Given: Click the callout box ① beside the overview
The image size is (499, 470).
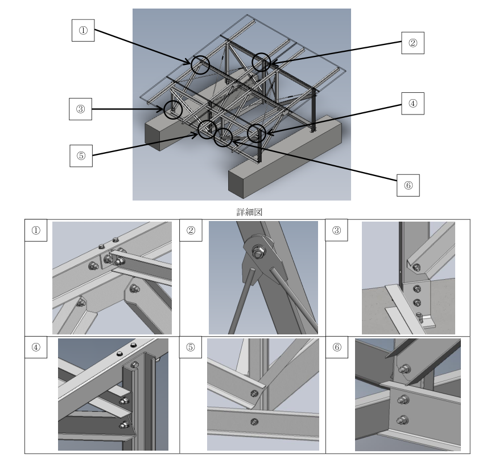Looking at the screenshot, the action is coord(83,30).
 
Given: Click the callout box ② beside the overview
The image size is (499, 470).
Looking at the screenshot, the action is coord(413,43).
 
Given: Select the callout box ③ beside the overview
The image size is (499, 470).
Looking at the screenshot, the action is coord(81,109).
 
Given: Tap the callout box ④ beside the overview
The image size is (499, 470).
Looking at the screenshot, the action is coord(413,103).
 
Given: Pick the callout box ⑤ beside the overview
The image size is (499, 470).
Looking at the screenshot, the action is coord(81,156).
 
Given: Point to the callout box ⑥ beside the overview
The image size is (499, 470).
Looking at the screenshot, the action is coord(409,185).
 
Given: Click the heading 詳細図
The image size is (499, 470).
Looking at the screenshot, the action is coord(249,212).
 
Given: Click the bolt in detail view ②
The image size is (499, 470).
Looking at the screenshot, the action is coord(257,251).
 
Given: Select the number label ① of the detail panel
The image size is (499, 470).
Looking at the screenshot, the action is coord(36,230).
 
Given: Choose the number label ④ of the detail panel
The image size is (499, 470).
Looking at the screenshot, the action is coord(36,347).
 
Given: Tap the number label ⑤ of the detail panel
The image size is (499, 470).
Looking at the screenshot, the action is coord(191,347).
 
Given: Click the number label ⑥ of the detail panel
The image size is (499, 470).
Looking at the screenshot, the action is coord(337,347).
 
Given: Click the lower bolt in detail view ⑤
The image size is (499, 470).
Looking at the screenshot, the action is coord(254,422).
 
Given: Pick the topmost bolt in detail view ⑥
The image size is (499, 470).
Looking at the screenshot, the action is coord(405,369).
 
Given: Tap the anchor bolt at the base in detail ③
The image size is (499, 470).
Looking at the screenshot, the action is coord(420,317).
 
